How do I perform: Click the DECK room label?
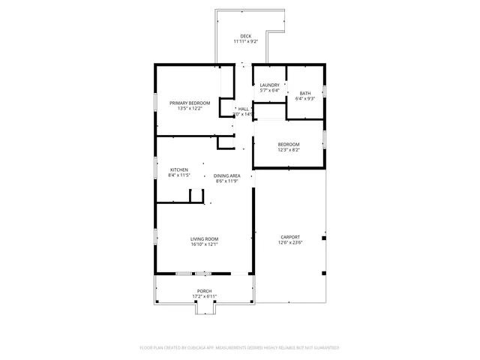(245, 36)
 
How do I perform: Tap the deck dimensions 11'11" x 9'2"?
(245, 42)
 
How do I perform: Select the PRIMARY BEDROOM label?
(189, 103)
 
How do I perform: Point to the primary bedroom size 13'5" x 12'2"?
(189, 109)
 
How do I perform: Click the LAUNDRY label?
(269, 85)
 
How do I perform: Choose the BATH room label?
(305, 92)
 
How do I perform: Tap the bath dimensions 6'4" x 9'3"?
(305, 98)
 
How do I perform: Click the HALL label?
(243, 109)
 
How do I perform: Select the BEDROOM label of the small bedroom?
(289, 144)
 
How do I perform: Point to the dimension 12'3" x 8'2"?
(289, 150)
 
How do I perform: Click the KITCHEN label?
(179, 169)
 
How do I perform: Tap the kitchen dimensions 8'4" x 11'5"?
(179, 175)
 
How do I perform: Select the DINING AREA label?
(226, 175)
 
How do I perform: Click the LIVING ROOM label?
(204, 238)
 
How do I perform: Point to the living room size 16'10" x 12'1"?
(204, 244)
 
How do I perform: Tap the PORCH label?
(204, 291)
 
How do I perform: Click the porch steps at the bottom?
(205, 308)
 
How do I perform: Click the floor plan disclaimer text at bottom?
(239, 348)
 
